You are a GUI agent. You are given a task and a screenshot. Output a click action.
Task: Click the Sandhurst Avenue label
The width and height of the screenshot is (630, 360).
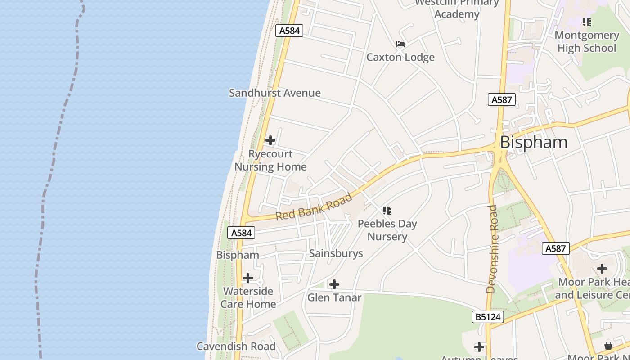click(275, 93)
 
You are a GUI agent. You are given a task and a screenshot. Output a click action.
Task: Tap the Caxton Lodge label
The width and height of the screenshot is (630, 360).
click(400, 57)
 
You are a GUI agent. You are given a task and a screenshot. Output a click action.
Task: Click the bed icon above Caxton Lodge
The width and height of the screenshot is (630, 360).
click(400, 44)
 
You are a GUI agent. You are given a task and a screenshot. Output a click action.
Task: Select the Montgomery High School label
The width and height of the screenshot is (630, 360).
click(586, 41)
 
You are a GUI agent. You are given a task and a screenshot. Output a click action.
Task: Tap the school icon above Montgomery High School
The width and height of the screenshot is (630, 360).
click(586, 22)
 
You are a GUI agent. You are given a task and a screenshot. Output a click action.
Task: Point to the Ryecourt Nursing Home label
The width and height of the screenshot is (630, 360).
click(270, 160)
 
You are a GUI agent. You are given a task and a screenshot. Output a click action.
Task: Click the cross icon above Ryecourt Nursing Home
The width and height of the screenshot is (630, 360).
click(270, 140)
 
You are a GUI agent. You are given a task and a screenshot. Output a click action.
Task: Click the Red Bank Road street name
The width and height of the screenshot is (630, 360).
click(314, 207)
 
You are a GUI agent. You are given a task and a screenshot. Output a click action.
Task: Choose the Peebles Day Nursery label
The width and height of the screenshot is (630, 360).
click(387, 230)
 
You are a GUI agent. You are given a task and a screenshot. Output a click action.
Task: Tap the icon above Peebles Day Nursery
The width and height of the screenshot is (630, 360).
click(387, 210)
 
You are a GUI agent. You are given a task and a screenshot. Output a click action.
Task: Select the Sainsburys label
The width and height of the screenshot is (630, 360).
click(336, 253)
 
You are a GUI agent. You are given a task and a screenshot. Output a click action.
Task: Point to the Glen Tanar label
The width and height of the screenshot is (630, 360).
click(334, 297)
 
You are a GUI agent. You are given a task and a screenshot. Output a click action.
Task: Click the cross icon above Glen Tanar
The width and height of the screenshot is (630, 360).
click(334, 284)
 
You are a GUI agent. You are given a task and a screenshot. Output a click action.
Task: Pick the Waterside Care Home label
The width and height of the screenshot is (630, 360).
click(248, 297)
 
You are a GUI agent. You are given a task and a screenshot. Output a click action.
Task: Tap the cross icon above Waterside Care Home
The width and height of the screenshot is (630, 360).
click(248, 278)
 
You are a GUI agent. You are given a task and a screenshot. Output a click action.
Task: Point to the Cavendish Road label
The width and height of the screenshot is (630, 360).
click(236, 346)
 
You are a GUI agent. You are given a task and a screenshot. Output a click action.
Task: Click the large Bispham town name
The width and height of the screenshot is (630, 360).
click(534, 142)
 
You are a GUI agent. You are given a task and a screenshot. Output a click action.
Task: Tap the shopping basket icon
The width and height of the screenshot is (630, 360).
click(608, 346)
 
